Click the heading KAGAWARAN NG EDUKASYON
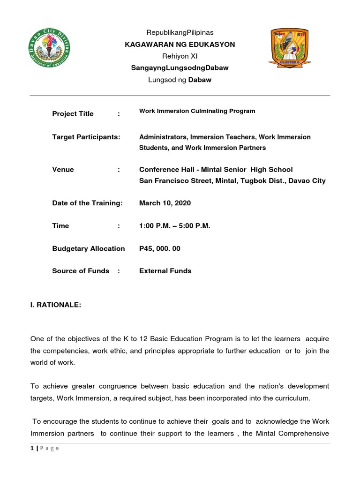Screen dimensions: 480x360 (180, 45)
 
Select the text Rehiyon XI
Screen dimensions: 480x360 (180, 56)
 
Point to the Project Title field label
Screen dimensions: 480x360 (73, 114)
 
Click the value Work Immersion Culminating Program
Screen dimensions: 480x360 (197, 111)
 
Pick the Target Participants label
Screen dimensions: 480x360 (86, 137)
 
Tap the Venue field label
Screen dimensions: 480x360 (63, 170)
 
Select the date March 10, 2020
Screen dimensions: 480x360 (165, 203)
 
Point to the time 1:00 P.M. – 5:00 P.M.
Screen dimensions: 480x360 (175, 226)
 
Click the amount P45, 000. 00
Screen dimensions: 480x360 (160, 248)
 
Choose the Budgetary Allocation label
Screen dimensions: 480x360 (89, 248)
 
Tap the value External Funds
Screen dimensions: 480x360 (165, 271)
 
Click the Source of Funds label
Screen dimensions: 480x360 (81, 271)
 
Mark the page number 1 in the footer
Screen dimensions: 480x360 (32, 448)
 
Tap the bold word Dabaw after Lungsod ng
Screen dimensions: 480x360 (200, 80)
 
